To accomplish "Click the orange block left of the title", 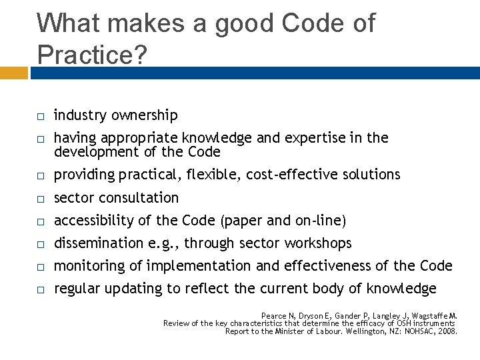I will click(x=15, y=72).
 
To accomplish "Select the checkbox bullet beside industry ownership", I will click(x=41, y=117).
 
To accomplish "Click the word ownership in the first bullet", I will click(x=145, y=116).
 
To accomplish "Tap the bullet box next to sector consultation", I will click(x=41, y=199).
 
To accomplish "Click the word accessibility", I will click(x=93, y=221).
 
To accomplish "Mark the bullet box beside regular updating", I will click(x=41, y=290).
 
